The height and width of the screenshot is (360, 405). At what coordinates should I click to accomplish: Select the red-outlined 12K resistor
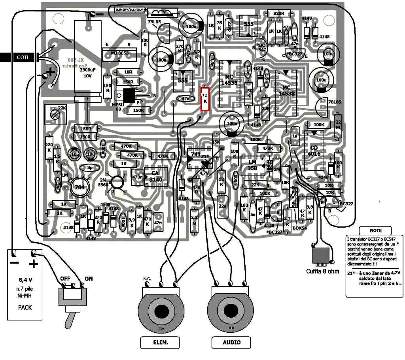coord(205,98)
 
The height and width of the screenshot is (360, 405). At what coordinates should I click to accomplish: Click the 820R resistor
coord(279,13)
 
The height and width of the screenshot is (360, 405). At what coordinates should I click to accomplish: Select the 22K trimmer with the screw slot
coord(56,115)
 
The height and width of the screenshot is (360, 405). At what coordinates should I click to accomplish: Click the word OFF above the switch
coord(65,279)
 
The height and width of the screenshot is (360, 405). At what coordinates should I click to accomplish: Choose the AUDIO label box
coord(232,342)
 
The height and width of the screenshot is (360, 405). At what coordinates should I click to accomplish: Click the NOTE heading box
coord(376,230)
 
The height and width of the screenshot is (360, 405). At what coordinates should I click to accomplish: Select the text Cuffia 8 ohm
coord(323,271)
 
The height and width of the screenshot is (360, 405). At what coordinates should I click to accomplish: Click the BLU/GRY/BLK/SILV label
coord(129,9)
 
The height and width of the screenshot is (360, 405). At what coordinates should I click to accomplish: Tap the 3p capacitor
coord(90,168)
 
